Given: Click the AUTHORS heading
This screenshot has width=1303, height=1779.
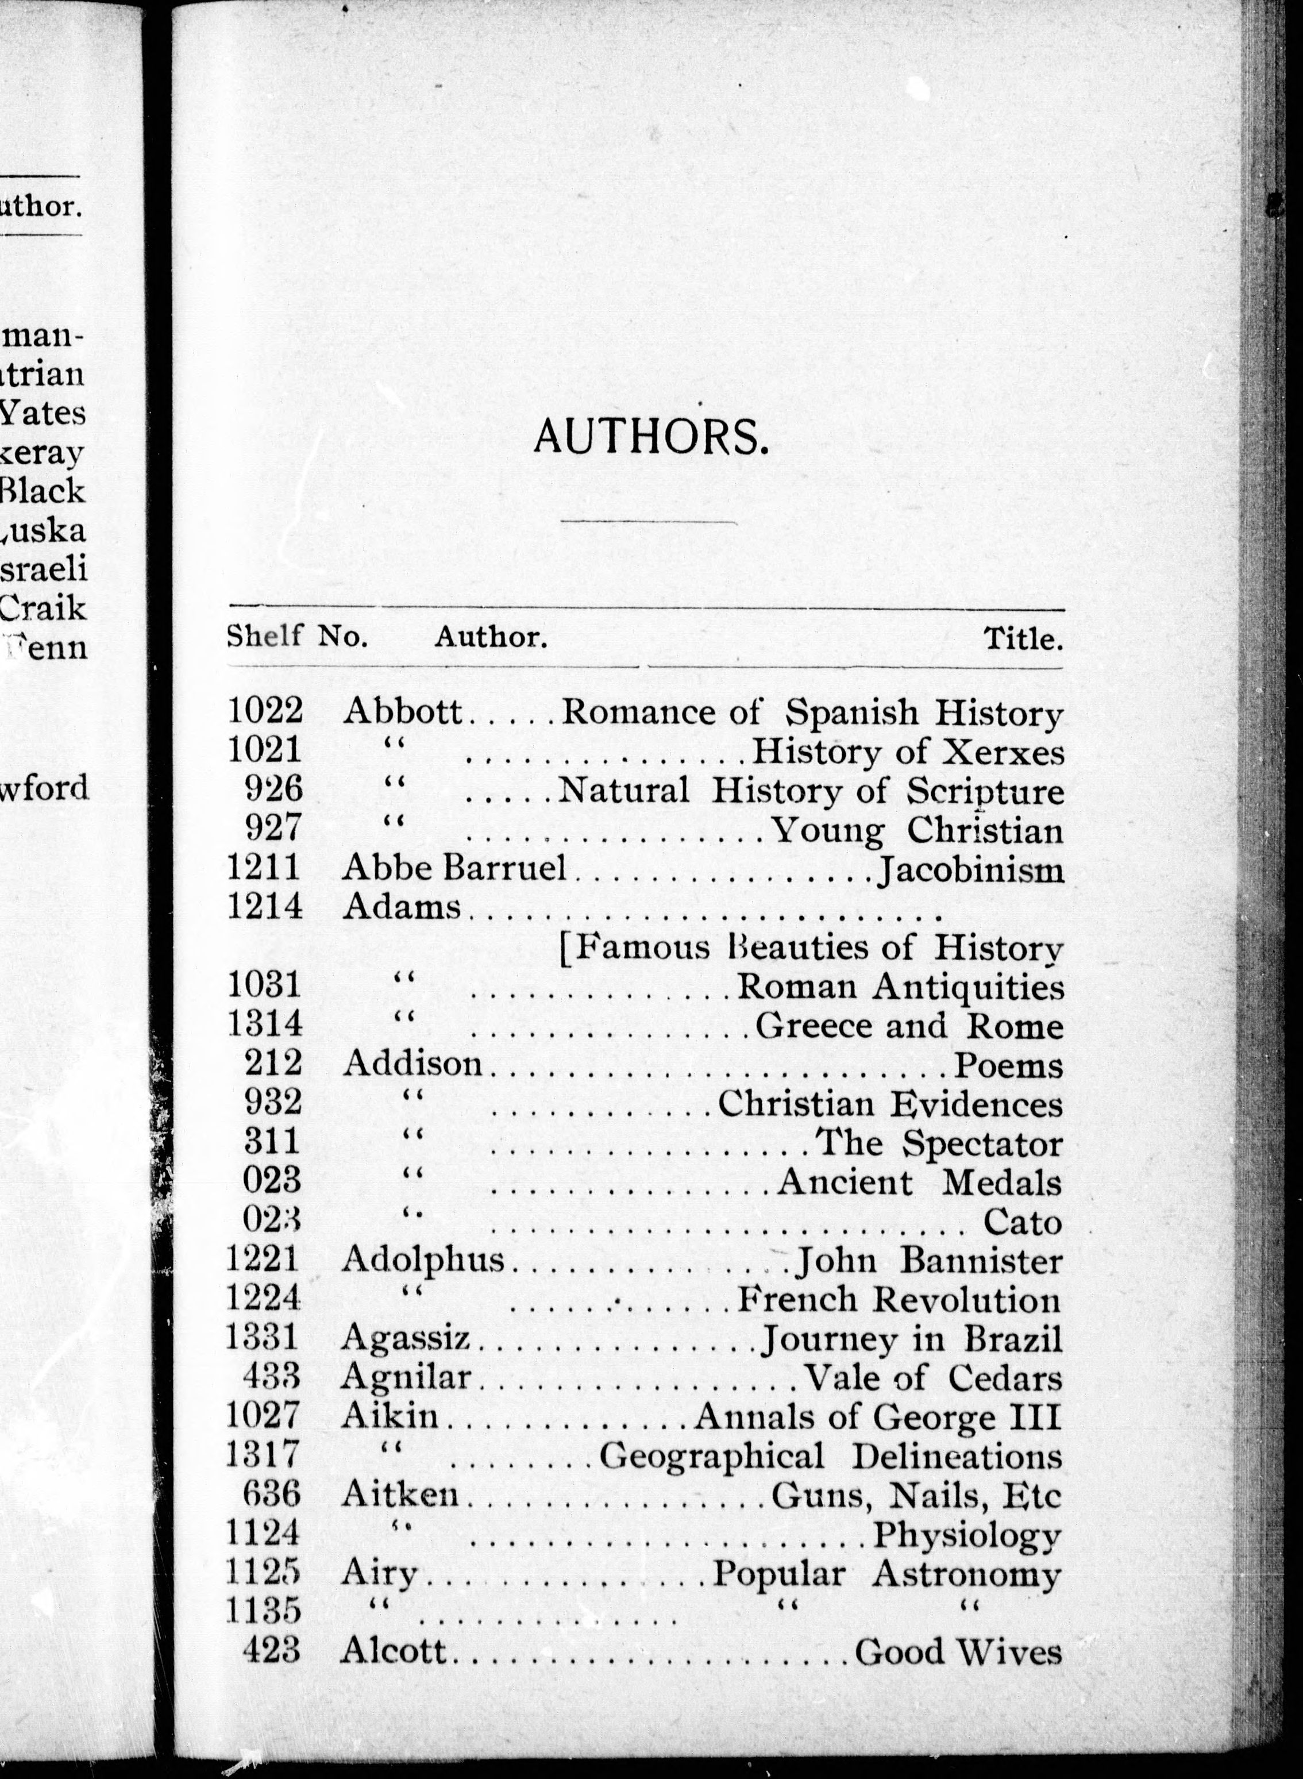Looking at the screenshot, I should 651,436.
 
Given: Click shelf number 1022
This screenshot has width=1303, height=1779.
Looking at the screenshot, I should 265,711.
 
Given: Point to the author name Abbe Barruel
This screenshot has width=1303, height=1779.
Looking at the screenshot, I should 454,869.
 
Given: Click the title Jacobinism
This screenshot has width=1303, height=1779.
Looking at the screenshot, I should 970,870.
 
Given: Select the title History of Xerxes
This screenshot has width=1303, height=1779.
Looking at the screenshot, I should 907,752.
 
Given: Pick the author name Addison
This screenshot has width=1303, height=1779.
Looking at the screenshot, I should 412,1064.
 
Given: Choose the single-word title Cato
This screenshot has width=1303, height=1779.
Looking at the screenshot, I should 1022,1222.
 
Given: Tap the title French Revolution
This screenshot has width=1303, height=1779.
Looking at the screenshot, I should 899,1299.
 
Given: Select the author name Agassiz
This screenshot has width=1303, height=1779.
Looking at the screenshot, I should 406,1339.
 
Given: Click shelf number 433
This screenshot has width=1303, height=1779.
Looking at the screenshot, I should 272,1377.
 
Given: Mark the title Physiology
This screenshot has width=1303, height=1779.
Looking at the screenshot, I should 967,1535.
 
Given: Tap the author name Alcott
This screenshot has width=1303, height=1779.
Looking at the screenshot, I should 394,1651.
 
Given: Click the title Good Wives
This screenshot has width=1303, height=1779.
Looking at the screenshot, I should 958,1651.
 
